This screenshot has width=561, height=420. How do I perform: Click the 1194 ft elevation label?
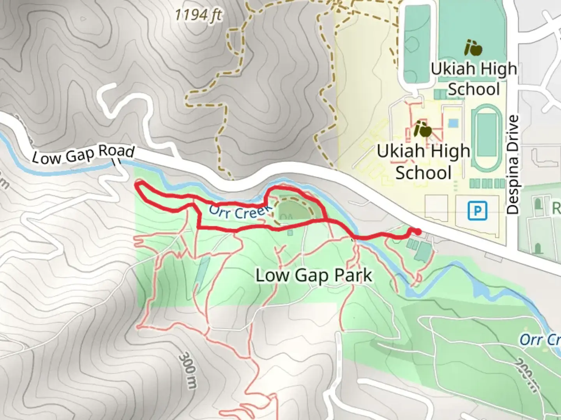(x=198, y=16)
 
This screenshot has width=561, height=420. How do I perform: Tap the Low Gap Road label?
(x=83, y=154)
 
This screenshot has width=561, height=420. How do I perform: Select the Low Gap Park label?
(x=314, y=276)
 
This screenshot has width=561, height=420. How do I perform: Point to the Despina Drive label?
(x=513, y=164)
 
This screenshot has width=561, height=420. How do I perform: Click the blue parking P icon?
(x=477, y=211)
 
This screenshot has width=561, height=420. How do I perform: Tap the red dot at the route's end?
(x=417, y=232)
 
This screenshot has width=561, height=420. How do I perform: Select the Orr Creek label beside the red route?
(x=240, y=212)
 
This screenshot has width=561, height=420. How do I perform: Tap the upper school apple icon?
(x=473, y=48)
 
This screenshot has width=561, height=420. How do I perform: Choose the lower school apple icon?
(x=423, y=129)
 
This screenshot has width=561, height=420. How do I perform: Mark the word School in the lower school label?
(x=423, y=173)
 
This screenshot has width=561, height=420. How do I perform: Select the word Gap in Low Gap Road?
(x=80, y=155)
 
